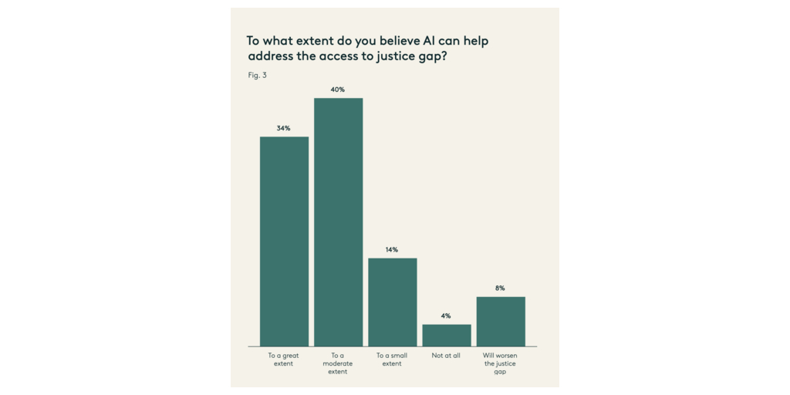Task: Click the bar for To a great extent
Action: [284, 241]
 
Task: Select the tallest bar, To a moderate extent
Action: [338, 222]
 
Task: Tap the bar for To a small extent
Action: [392, 302]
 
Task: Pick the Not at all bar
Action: [446, 335]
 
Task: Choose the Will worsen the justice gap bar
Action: [501, 321]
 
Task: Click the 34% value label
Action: [284, 128]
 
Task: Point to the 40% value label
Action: [338, 89]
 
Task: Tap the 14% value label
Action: [392, 250]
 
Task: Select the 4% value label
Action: [446, 316]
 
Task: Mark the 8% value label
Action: [501, 288]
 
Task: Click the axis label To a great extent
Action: [284, 360]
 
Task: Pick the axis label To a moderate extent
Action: [338, 363]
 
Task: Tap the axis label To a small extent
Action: [392, 360]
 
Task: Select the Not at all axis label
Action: [446, 356]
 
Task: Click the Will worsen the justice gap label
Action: [501, 363]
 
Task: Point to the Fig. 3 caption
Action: [257, 76]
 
